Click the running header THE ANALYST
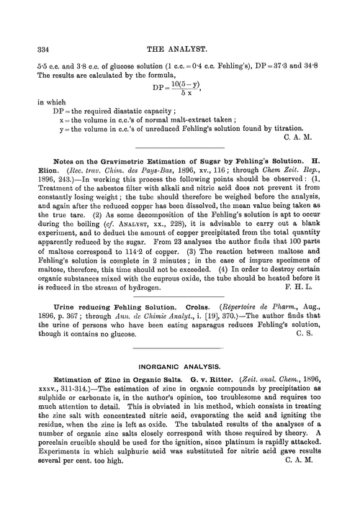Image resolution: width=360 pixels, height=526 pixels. [179, 49]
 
